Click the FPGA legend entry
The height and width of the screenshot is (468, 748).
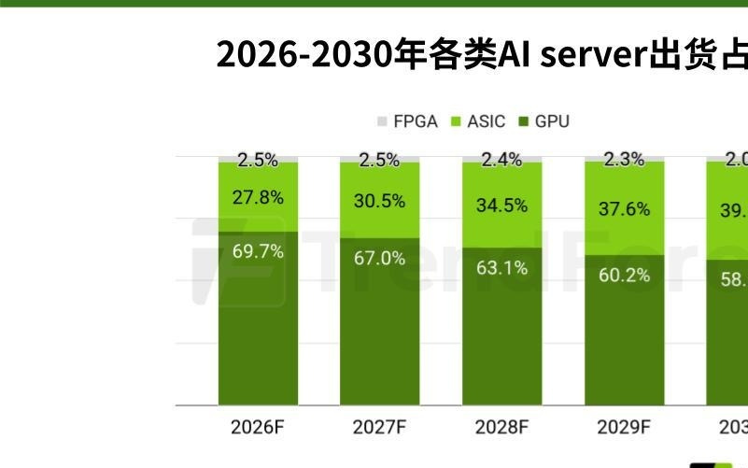pos(407,121)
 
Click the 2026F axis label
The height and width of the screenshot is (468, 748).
pos(257,428)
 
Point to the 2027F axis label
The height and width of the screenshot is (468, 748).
pos(379,428)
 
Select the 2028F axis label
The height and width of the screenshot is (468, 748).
pos(501,428)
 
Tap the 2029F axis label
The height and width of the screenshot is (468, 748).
pos(624,428)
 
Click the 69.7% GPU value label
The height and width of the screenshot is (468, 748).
pos(258,251)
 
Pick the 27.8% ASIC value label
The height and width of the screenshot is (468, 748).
pos(258,198)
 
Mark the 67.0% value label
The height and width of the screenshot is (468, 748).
pos(379,258)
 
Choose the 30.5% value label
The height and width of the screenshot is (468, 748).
pos(379,201)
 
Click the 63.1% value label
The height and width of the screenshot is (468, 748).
pos(501,268)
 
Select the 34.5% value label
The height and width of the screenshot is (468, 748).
pos(501,206)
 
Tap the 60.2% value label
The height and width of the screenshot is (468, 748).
pos(624,275)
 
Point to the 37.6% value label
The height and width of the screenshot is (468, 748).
pos(624,209)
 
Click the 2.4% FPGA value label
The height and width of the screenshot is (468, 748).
pos(501,160)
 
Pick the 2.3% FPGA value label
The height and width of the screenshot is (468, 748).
pos(624,160)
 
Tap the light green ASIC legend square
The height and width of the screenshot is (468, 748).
pos(458,121)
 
